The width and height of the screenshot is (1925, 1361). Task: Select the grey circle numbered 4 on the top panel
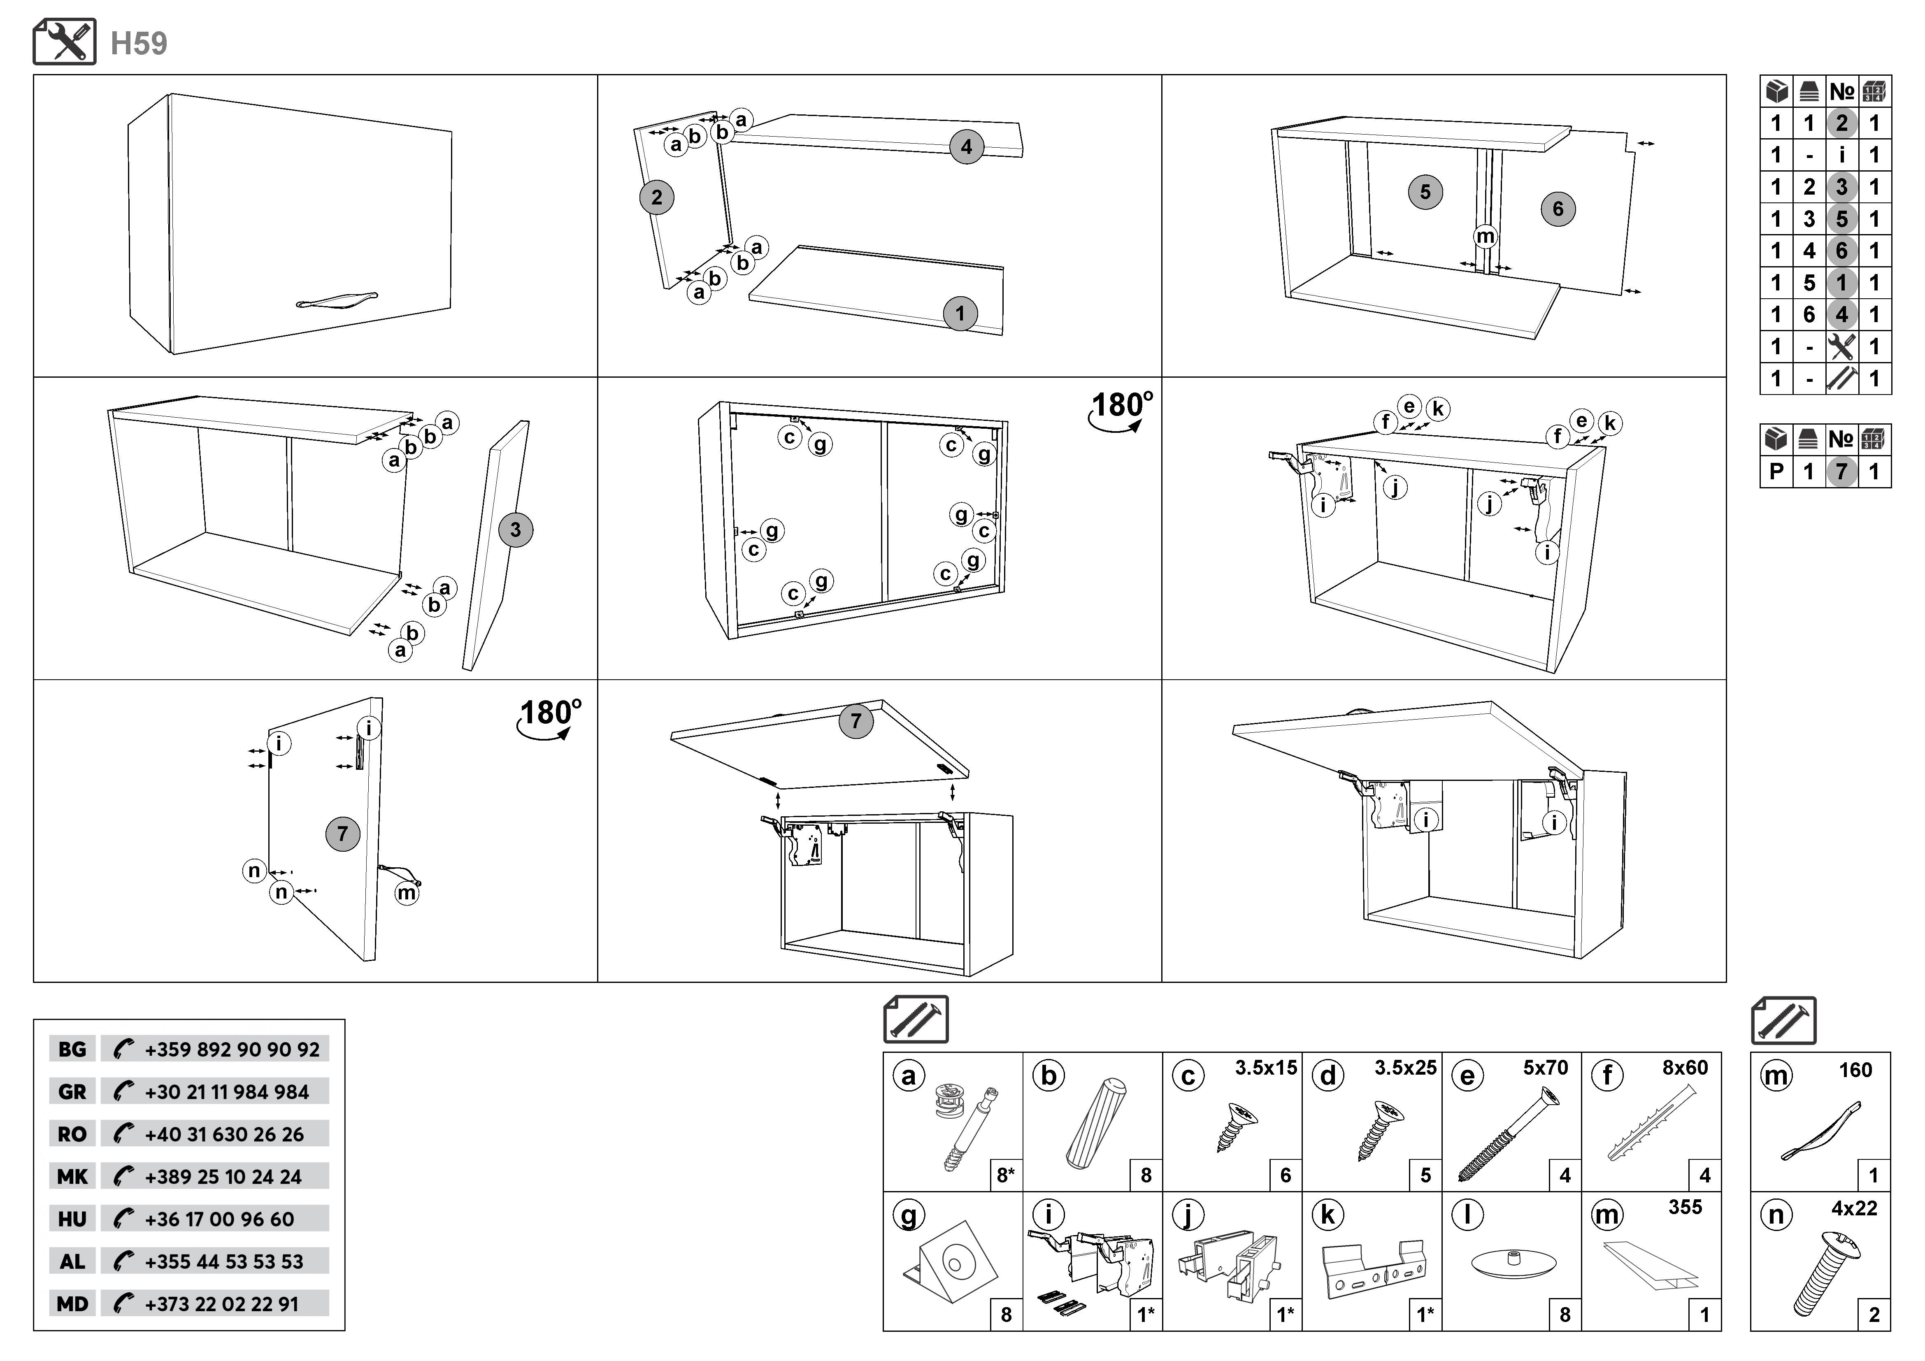[966, 148]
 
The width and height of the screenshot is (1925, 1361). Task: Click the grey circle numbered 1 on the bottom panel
[960, 314]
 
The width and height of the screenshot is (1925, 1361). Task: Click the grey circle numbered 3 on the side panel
[515, 530]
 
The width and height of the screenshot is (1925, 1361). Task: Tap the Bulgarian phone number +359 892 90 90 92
[231, 1049]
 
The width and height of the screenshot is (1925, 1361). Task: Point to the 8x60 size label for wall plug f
[1685, 1068]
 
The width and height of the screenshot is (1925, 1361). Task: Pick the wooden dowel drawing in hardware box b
[1096, 1123]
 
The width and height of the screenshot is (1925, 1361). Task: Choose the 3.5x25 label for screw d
[1405, 1068]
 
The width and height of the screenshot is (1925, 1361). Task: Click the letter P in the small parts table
[1776, 472]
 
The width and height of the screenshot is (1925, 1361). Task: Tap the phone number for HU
[219, 1219]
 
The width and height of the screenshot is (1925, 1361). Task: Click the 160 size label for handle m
[1855, 1070]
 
